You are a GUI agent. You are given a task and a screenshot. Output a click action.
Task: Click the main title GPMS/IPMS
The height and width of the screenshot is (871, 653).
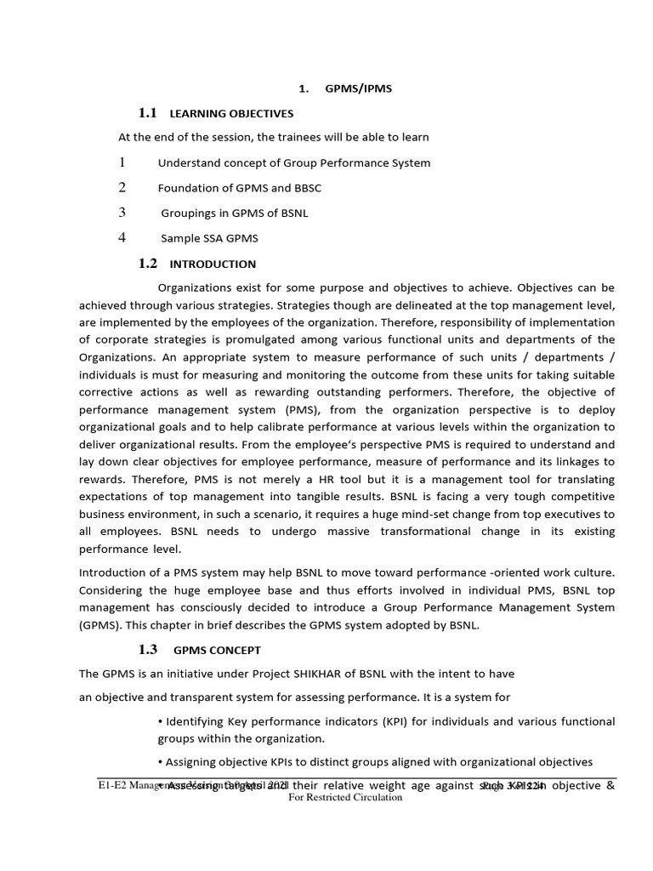pos(357,89)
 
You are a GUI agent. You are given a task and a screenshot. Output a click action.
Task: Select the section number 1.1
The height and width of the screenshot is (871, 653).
pos(148,113)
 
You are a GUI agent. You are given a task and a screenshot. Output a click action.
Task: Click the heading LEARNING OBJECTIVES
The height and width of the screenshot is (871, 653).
pos(231,113)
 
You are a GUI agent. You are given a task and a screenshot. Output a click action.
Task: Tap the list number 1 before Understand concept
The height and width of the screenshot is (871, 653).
pos(122,162)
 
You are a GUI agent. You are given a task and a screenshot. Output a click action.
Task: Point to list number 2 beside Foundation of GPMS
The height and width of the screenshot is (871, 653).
pos(122,187)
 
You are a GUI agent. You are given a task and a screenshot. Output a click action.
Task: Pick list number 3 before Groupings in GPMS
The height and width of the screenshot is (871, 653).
pos(122,213)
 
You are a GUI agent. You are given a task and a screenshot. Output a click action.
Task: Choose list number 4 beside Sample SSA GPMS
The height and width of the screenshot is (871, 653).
pos(122,237)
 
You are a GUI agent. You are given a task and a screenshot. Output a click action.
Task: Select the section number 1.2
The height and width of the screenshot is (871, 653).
pos(148,264)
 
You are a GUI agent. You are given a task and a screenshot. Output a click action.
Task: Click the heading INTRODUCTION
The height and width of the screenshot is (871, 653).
pos(213,265)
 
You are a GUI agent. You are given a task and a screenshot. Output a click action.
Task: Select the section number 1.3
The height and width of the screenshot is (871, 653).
pos(148,650)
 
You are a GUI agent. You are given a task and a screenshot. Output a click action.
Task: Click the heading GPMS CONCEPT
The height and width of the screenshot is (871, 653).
pos(218,651)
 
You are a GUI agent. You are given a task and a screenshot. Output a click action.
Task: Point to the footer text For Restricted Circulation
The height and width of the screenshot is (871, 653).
pos(345,798)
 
